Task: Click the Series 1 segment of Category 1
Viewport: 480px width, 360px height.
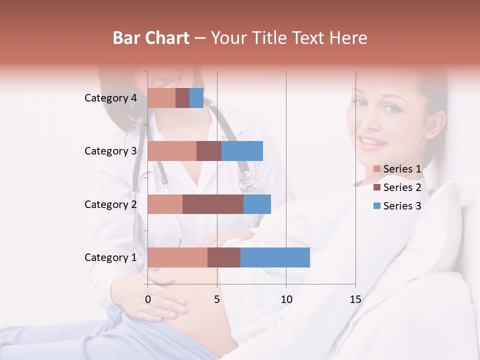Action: coord(177,257)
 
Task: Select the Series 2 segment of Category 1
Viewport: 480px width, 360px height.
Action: coord(224,257)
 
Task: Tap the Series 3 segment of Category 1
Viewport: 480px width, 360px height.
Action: coord(275,257)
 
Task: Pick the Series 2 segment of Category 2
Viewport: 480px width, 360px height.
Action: coord(213,204)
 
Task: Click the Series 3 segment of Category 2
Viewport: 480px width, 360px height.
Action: coord(257,204)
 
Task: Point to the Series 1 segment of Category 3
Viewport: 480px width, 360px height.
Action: coord(172,151)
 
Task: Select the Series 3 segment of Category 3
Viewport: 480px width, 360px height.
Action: coord(242,151)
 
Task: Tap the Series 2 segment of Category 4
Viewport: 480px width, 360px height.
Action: coord(182,98)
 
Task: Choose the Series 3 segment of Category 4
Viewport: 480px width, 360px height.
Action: coord(196,98)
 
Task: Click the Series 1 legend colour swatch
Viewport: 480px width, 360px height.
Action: coord(377,169)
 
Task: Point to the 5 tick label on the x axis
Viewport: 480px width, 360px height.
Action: coord(217,299)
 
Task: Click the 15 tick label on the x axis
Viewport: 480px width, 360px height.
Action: coord(355,299)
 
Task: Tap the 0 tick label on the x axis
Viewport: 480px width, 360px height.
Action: coord(148,299)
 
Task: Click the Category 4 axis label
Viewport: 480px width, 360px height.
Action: coord(110,98)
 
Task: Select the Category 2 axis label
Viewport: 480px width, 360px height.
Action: coord(110,204)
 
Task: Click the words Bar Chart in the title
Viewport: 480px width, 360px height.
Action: coord(151,37)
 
